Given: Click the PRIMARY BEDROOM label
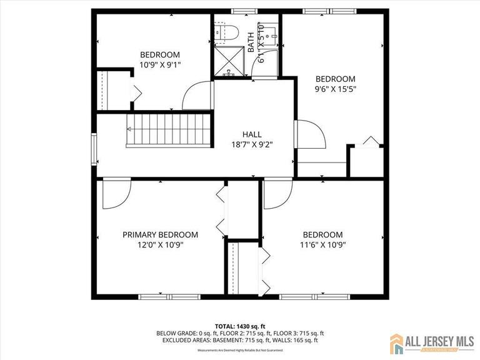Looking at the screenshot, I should pyautogui.click(x=160, y=235).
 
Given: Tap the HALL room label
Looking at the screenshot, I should pyautogui.click(x=252, y=134).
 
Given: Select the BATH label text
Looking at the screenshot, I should pyautogui.click(x=251, y=42).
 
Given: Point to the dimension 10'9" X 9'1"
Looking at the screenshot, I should pyautogui.click(x=160, y=64).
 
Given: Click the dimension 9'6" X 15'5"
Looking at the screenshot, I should pyautogui.click(x=335, y=89).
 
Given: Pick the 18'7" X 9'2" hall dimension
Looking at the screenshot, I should pyautogui.click(x=252, y=144).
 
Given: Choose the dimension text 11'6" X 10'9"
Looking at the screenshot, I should pyautogui.click(x=322, y=245).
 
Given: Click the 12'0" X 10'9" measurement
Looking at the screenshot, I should pyautogui.click(x=160, y=245).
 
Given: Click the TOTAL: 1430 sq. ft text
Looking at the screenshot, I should pyautogui.click(x=240, y=326).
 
